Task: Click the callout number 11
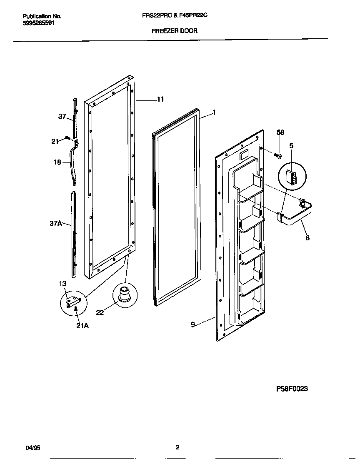point(160,100)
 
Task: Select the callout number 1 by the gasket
point(214,112)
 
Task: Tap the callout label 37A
point(56,224)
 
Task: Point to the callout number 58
point(280,132)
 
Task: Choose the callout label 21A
point(82,326)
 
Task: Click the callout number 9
point(193,324)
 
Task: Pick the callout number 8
point(307,239)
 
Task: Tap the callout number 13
point(62,284)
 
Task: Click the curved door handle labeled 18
point(75,162)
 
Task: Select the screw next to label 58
point(278,156)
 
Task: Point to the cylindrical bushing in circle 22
point(124,292)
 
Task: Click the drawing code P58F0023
point(292,389)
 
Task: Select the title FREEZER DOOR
point(174,30)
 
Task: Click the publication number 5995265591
point(38,23)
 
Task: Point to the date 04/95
point(33,448)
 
